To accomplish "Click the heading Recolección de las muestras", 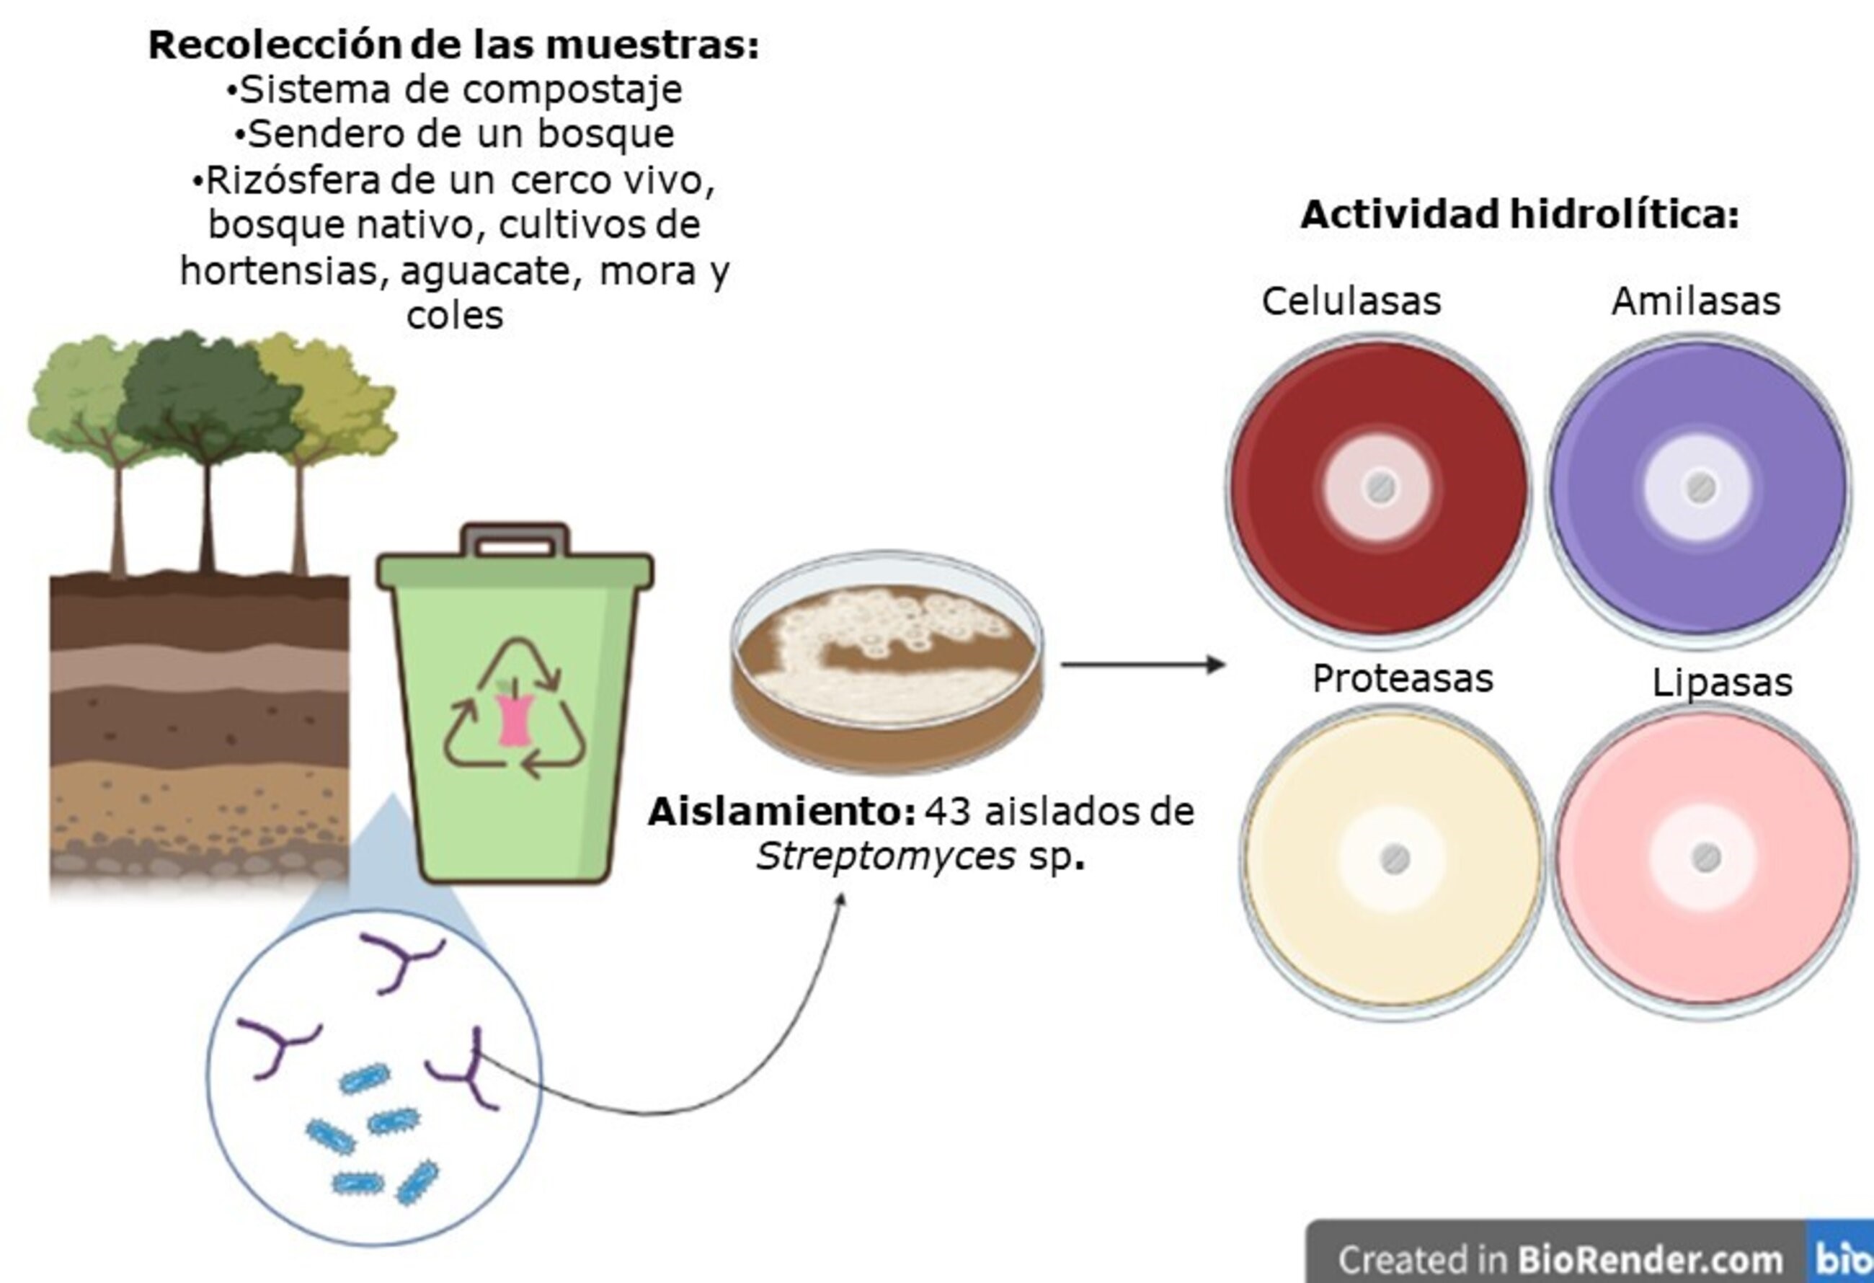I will (453, 45).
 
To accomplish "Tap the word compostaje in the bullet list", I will (572, 89).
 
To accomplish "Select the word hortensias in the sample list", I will (277, 271).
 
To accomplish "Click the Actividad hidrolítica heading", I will (1519, 215).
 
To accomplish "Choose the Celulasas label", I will (1351, 301).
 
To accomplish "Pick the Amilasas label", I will (1696, 301).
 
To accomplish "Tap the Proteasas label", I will (1403, 678).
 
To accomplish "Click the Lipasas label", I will (1723, 682).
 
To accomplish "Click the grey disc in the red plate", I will (1380, 487).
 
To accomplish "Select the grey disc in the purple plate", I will (1700, 487).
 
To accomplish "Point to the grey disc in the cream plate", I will (1395, 860).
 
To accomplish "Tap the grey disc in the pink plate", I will (1705, 857).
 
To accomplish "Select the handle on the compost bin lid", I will (515, 541).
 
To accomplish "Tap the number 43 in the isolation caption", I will (949, 812).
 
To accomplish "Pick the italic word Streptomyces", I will (884, 856).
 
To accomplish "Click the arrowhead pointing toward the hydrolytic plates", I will (1215, 665).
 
